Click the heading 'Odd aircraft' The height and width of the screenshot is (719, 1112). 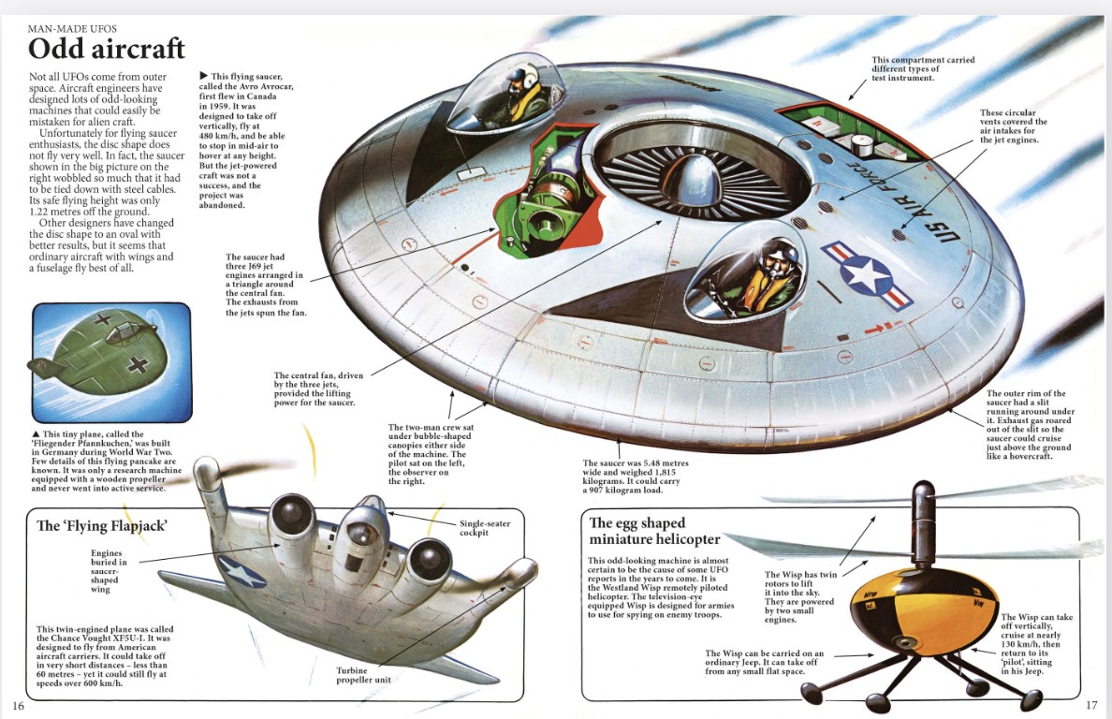click(107, 48)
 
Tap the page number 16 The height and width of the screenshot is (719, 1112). click(17, 705)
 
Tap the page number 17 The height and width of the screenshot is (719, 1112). click(1091, 705)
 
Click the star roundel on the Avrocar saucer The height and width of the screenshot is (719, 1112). click(867, 273)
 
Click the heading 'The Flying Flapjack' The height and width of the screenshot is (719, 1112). click(102, 525)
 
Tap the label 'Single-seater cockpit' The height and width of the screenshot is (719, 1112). click(484, 528)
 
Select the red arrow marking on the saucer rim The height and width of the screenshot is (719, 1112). click(876, 328)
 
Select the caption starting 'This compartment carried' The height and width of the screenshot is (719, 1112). click(922, 68)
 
